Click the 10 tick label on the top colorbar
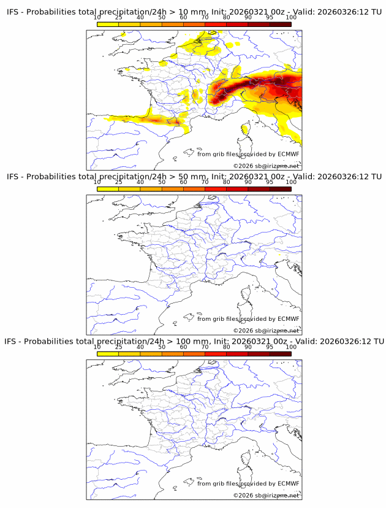coord(97,17)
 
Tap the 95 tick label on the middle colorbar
coord(270,182)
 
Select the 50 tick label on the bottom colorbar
coord(162,347)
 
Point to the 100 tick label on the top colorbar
coord(291,17)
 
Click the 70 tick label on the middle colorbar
coord(205,182)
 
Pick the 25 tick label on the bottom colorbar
coord(119,347)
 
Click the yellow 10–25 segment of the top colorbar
coord(108,24)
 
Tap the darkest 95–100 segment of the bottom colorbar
coord(280,354)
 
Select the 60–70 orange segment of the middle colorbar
coord(194,190)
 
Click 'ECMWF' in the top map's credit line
coord(288,154)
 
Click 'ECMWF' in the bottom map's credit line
coord(288,483)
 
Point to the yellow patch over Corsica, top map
coord(246,128)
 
